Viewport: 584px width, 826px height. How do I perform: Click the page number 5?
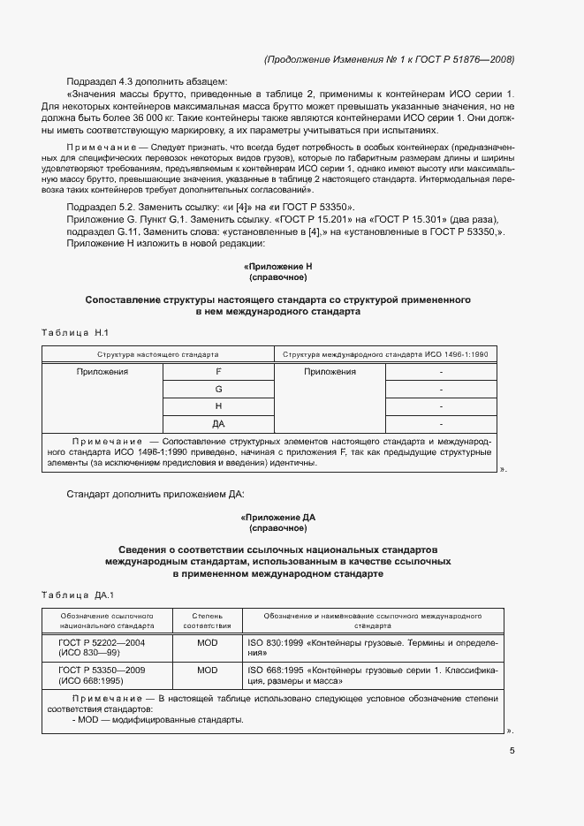coord(512,751)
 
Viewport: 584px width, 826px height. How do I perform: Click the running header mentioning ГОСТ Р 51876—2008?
coord(389,59)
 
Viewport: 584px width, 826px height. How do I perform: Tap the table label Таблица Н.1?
coord(74,332)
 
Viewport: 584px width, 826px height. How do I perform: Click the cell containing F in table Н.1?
coord(218,372)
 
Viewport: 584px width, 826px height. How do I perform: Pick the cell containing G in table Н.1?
coord(218,389)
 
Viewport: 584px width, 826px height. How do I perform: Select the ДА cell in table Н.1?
coord(218,423)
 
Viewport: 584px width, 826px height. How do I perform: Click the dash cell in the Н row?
coord(441,406)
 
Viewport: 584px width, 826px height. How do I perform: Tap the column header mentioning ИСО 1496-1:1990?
coord(385,353)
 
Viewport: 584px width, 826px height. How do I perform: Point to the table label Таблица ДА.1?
coord(78,594)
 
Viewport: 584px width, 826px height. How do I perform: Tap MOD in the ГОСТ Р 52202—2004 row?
coord(207,643)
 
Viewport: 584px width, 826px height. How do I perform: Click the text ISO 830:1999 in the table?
coord(275,643)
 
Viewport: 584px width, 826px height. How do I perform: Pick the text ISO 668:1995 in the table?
coord(275,671)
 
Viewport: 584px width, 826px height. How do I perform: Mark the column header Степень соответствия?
coord(207,619)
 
